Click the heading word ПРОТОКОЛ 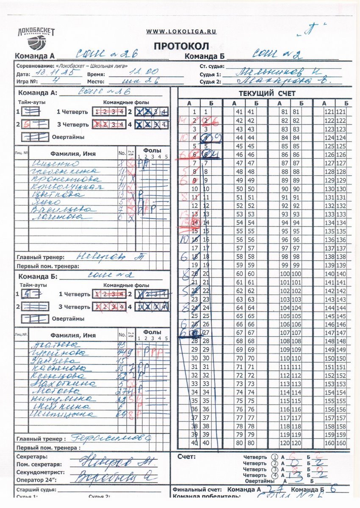(x=181, y=46)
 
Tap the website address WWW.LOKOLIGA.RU (x=181, y=31)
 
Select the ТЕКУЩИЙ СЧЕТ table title (x=267, y=94)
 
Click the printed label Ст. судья (x=211, y=66)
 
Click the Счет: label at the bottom (x=186, y=457)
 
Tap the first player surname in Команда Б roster (x=49, y=345)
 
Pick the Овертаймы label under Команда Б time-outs (x=68, y=318)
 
